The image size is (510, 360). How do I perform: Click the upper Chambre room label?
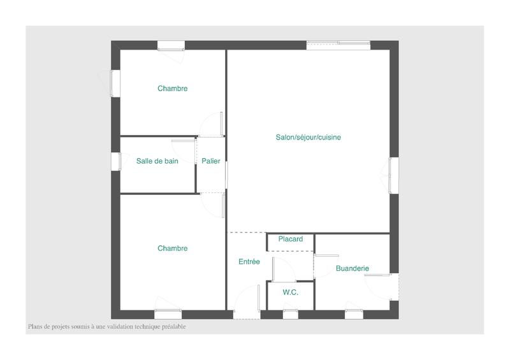[172, 89]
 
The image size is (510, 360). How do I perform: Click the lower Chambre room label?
[172, 248]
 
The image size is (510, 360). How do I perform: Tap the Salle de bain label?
[157, 161]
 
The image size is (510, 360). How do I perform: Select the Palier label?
[211, 161]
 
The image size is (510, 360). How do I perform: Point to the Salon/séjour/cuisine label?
[309, 137]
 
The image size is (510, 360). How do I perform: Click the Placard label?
[291, 239]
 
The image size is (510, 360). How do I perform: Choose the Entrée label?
[249, 261]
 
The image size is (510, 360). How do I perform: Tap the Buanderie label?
[352, 269]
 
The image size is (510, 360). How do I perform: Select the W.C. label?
[290, 292]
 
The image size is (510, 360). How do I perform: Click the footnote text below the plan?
[107, 327]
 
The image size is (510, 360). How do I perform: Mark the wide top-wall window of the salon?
[338, 45]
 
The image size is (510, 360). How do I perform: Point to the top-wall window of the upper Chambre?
[171, 45]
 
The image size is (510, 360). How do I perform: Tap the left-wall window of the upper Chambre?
[115, 83]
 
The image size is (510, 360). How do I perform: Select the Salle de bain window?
[115, 161]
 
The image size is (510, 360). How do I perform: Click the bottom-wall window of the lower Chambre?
[168, 313]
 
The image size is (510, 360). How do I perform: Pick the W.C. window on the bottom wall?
[291, 313]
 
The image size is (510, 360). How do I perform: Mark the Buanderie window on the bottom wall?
[354, 313]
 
